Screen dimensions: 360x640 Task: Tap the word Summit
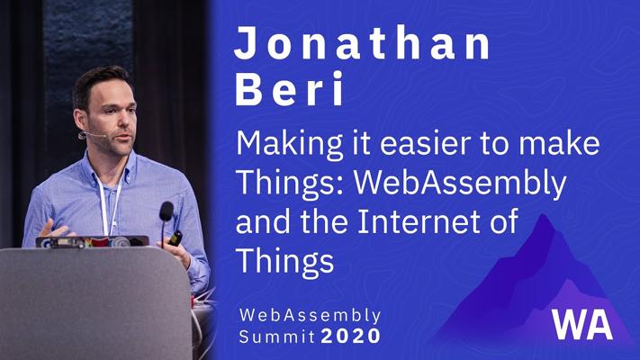(x=276, y=336)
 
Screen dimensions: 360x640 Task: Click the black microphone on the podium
(x=167, y=211)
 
